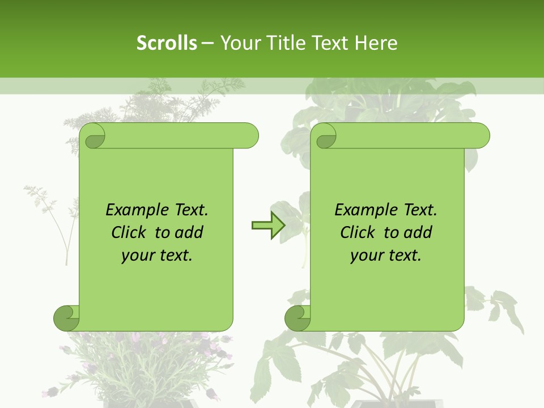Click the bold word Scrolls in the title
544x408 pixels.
(x=167, y=43)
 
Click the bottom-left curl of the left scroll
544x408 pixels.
(x=66, y=318)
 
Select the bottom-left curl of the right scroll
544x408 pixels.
(x=297, y=318)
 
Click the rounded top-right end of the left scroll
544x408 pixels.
(x=249, y=135)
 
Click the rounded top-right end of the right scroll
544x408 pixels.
(x=481, y=135)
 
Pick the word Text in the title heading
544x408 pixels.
(x=329, y=43)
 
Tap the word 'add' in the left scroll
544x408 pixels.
(x=188, y=232)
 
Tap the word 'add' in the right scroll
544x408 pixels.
(x=417, y=232)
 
